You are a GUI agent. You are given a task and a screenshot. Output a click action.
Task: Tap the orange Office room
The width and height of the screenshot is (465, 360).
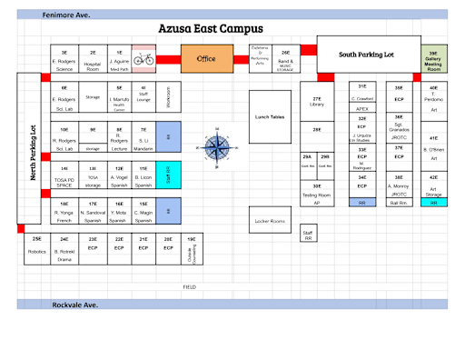[x=207, y=59]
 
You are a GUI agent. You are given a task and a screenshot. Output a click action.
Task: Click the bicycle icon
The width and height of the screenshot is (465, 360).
[x=143, y=59]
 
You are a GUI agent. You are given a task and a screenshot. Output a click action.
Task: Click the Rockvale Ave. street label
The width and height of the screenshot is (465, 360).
[x=75, y=305]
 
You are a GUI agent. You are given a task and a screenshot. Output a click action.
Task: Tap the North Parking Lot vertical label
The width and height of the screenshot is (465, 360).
[x=33, y=152]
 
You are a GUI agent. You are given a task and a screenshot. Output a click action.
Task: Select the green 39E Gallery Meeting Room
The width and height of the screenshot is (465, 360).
[x=433, y=58]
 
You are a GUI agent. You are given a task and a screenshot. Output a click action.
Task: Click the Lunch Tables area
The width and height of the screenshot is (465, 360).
[x=270, y=116]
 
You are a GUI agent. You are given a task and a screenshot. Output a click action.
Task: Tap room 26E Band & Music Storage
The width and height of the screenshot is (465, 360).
[x=285, y=59]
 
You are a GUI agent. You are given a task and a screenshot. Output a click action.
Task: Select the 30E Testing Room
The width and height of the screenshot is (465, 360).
[x=317, y=192]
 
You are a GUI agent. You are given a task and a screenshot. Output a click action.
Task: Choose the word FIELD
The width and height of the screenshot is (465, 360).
[x=189, y=286]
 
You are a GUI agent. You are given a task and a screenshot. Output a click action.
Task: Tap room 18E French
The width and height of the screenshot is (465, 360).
[x=64, y=211]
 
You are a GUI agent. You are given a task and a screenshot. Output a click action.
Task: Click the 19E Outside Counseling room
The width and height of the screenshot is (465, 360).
[x=192, y=249]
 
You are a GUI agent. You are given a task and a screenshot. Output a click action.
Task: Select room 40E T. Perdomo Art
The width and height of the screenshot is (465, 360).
[x=433, y=98]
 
